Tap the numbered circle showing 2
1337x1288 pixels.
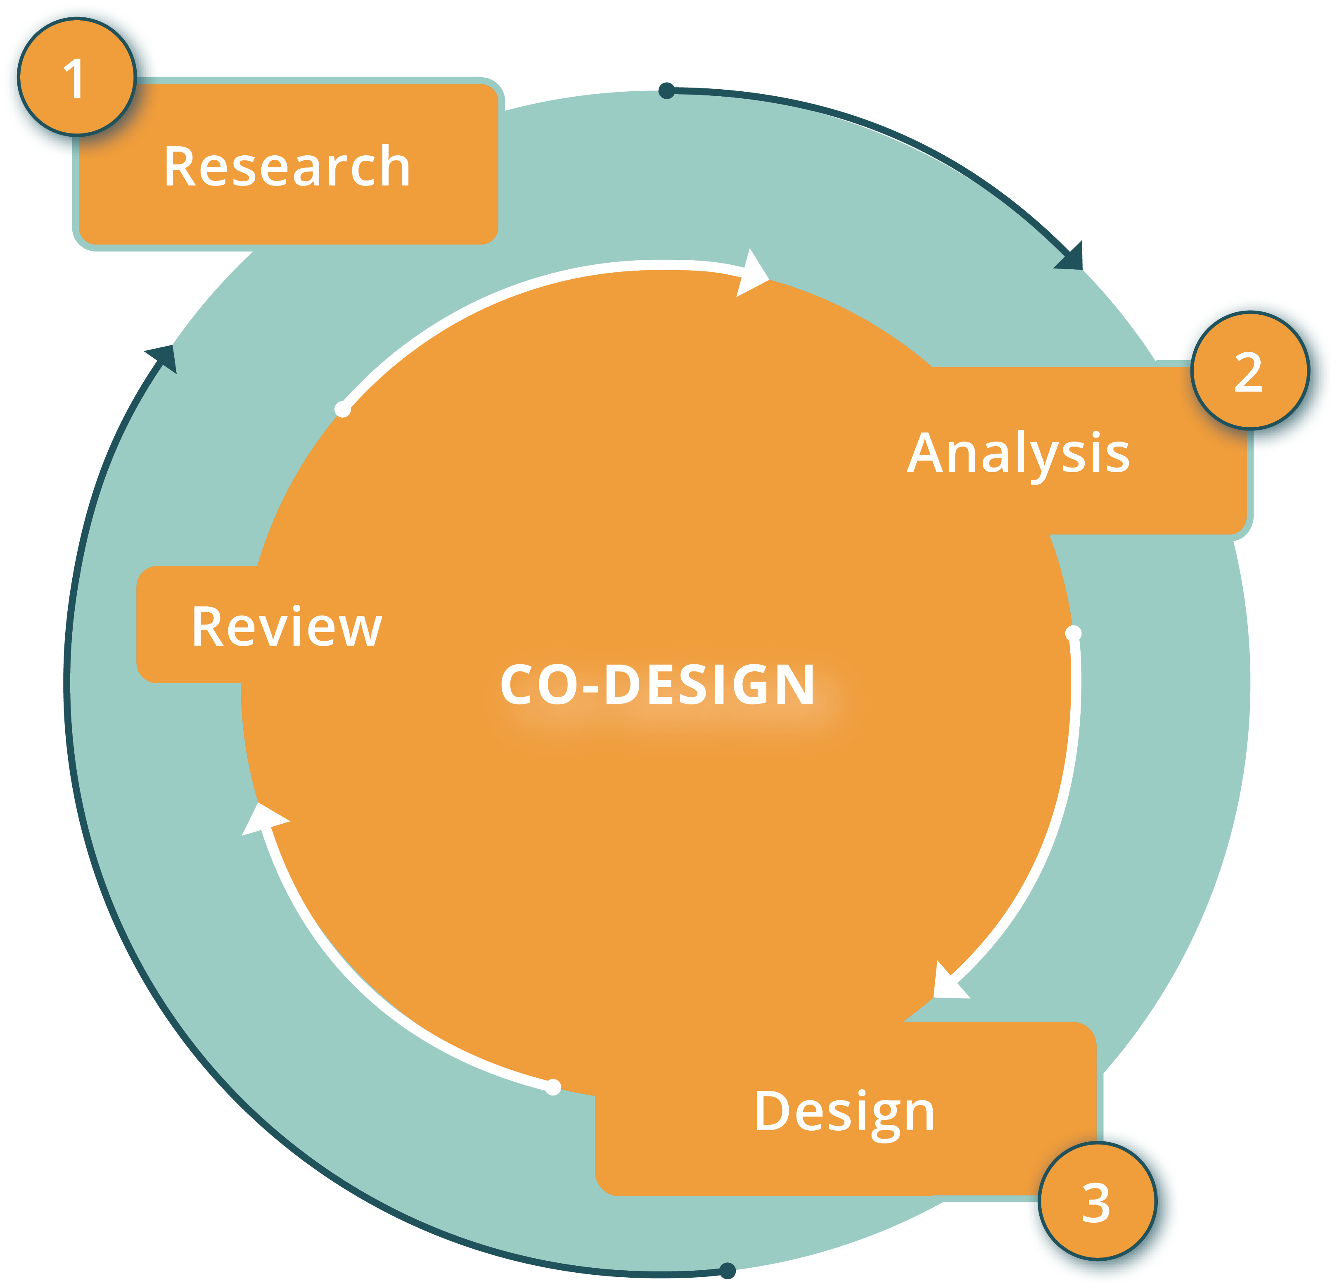(x=1250, y=371)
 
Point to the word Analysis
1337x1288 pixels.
(x=1018, y=453)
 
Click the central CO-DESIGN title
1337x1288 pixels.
(x=657, y=684)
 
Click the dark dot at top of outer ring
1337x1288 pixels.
(x=666, y=91)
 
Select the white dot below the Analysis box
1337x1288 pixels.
(x=1073, y=633)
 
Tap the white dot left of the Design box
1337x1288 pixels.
(x=553, y=1087)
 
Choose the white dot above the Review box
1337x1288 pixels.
(x=342, y=409)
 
